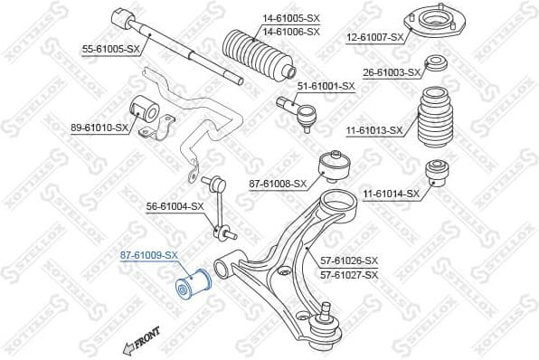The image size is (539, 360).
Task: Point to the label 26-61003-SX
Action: [x=390, y=71]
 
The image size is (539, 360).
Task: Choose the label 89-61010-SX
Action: [x=99, y=128]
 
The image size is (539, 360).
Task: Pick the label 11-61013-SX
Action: [x=374, y=130]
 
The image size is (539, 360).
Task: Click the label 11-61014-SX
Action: [x=391, y=194]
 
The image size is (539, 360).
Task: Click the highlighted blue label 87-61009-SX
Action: [x=149, y=256]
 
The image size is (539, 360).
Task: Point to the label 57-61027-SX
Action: [x=348, y=274]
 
